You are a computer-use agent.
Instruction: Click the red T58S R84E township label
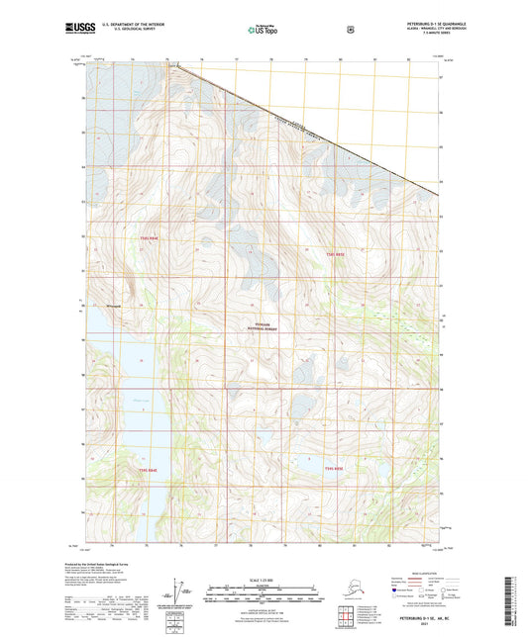click(149, 237)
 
